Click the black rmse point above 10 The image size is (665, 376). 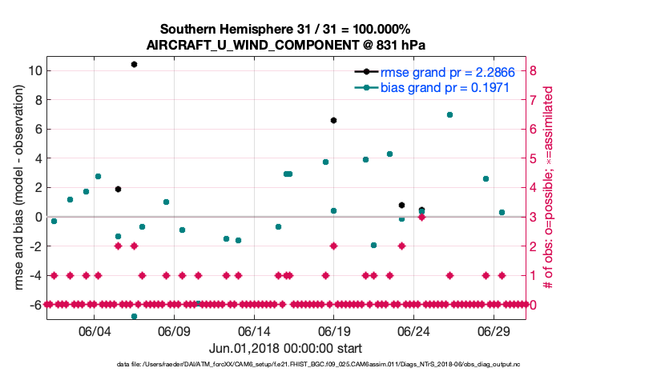click(134, 64)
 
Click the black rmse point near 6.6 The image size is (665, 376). click(333, 120)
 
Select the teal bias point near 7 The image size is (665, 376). click(449, 114)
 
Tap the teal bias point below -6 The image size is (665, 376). click(134, 316)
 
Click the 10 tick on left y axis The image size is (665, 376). click(35, 70)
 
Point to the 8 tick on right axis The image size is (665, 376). click(533, 70)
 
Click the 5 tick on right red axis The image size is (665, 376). click(533, 158)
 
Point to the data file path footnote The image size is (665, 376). click(332, 364)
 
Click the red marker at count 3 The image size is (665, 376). click(421, 217)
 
